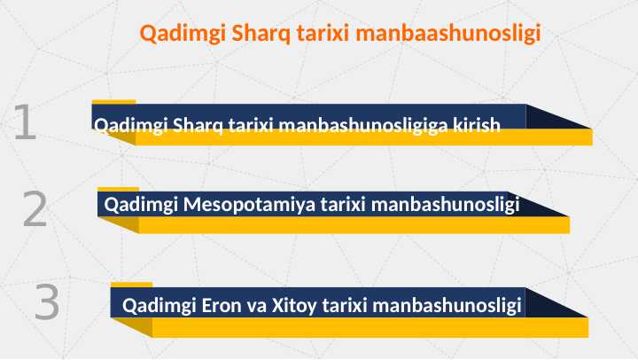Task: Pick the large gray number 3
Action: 47,303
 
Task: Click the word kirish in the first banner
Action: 477,126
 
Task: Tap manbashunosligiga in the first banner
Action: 363,126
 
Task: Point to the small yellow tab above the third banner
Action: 131,285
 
